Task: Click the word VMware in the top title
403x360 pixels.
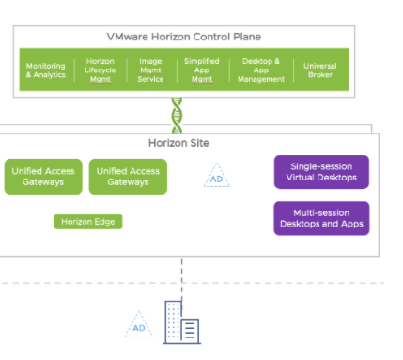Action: coord(131,38)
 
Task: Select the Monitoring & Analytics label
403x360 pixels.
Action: coord(45,70)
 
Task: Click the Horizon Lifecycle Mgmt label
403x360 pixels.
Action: coord(99,70)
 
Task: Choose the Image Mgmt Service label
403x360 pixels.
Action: coord(150,70)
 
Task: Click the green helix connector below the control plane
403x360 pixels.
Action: coord(177,116)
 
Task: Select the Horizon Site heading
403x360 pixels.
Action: coord(178,143)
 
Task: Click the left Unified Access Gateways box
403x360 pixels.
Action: coord(43,177)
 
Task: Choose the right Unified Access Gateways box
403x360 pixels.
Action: coord(128,177)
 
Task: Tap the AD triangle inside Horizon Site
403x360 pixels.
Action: coord(216,177)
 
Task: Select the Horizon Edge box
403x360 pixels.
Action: coord(88,222)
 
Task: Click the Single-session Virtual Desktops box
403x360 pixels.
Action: coord(321,172)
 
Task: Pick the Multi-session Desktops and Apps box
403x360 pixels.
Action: coord(321,218)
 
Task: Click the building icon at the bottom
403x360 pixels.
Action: coord(181,322)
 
